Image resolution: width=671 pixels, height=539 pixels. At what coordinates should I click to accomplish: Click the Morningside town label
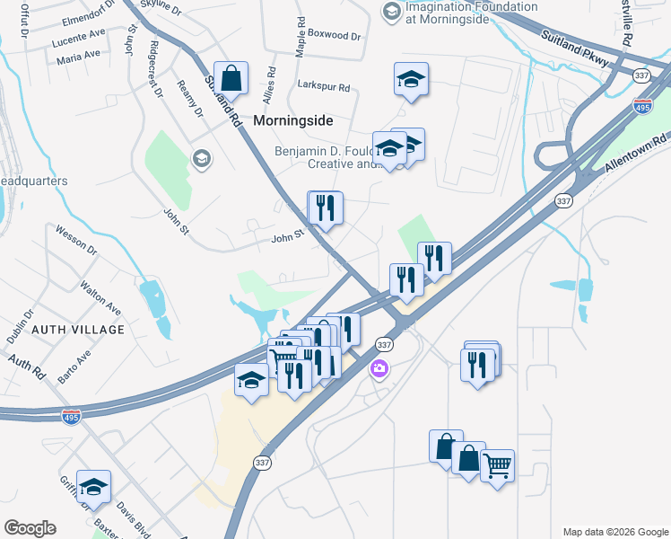point(293,119)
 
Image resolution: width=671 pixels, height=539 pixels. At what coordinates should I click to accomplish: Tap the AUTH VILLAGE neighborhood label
point(78,330)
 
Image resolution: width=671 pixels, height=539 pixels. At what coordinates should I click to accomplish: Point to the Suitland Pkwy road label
point(575,49)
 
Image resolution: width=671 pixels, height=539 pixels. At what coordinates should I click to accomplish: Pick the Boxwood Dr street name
point(334,37)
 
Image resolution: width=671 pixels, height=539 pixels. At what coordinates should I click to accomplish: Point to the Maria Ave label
point(78,58)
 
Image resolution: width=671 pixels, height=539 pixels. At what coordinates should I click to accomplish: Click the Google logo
point(30,528)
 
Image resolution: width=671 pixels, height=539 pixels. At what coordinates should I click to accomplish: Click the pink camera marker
point(379,368)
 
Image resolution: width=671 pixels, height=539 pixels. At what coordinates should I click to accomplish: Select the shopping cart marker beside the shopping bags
point(498,467)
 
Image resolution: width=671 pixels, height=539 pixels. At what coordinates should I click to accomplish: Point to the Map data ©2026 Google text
point(614,531)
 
